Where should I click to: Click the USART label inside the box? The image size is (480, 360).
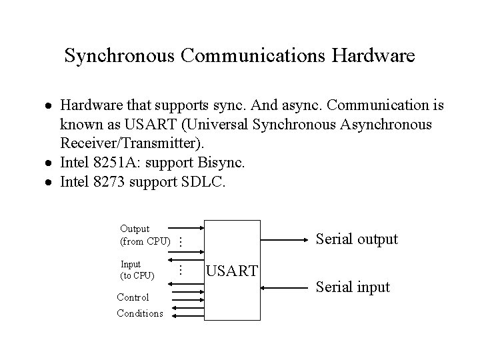(x=232, y=270)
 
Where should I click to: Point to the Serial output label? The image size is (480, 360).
(x=357, y=239)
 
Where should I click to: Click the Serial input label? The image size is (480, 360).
(x=353, y=287)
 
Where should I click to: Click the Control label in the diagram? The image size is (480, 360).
(x=133, y=297)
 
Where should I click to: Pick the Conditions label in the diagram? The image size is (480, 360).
(x=139, y=313)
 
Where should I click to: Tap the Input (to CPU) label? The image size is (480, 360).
(x=137, y=269)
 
